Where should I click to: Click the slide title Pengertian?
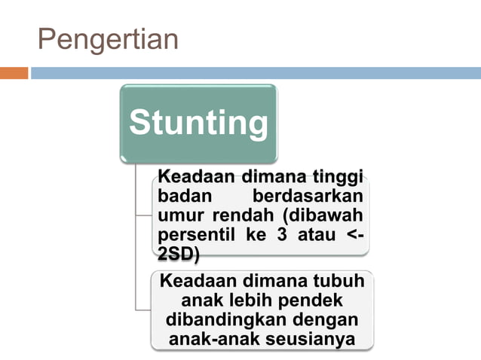click(x=108, y=39)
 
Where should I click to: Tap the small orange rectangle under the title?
click(x=14, y=73)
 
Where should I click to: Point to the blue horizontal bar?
click(x=255, y=73)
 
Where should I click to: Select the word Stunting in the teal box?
click(x=198, y=123)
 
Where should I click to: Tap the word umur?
click(x=177, y=216)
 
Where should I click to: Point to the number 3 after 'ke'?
click(x=283, y=235)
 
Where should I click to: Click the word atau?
click(x=317, y=235)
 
